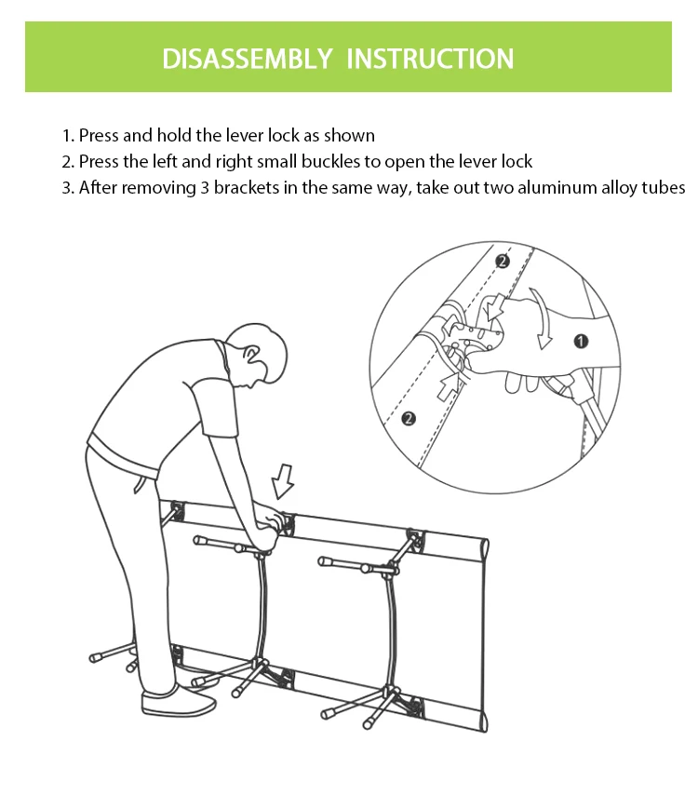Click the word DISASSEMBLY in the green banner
pyautogui.click(x=247, y=59)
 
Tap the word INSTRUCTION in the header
pyautogui.click(x=430, y=59)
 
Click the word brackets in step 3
pyautogui.click(x=247, y=188)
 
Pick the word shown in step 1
pyautogui.click(x=349, y=135)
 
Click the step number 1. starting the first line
pyautogui.click(x=68, y=135)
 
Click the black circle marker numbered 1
pyautogui.click(x=581, y=341)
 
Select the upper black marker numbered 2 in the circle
pyautogui.click(x=502, y=262)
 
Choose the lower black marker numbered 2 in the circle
pyautogui.click(x=409, y=419)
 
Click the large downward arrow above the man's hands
pyautogui.click(x=282, y=481)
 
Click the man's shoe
pyautogui.click(x=179, y=701)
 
